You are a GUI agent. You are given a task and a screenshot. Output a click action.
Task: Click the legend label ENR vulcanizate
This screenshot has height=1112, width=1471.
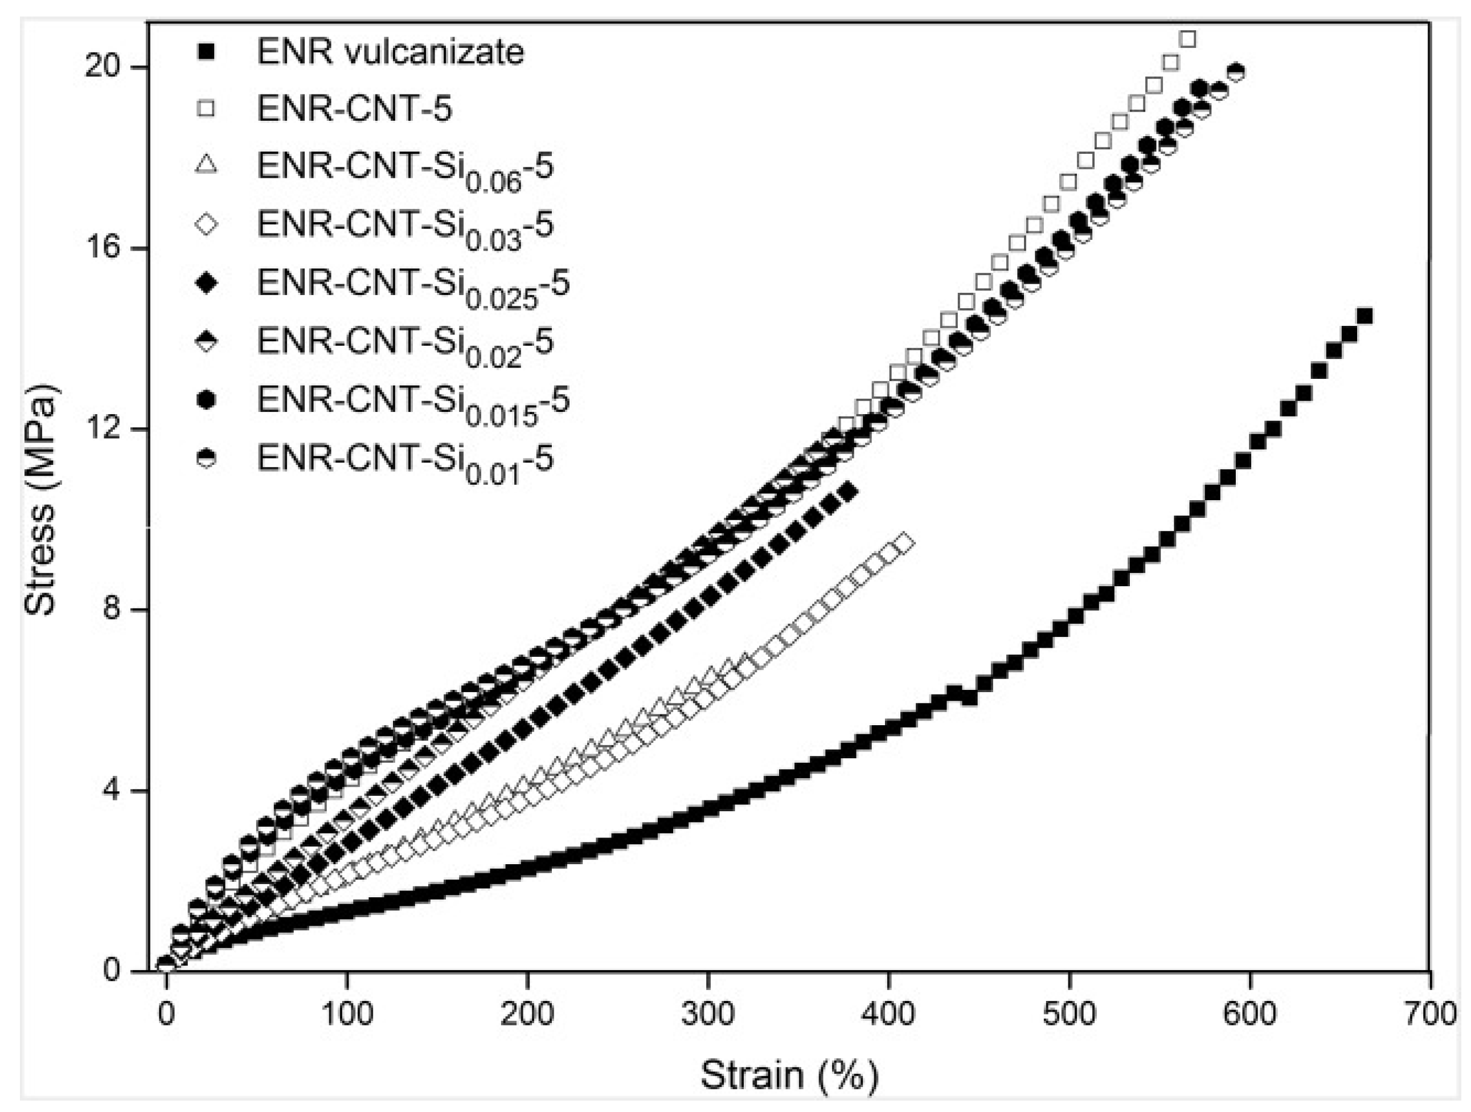[390, 52]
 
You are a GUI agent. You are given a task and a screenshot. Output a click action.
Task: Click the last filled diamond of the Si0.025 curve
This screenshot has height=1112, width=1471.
[849, 493]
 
